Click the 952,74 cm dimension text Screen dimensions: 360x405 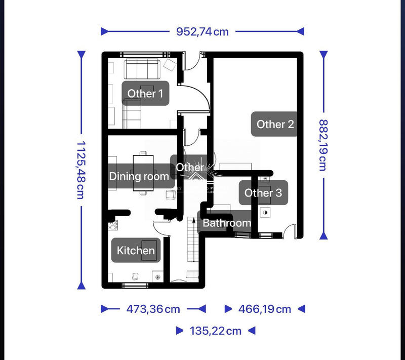pos(202,32)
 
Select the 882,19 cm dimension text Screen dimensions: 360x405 pos(322,145)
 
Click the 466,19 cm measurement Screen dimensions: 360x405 pos(265,309)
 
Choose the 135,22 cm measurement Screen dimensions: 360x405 pos(215,331)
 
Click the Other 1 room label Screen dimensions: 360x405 pos(145,93)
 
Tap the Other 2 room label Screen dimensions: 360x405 pos(275,124)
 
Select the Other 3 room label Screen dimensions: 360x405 pos(263,192)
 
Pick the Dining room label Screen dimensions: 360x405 pos(139,176)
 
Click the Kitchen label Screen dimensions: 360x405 pos(136,250)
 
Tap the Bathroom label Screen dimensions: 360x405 pos(226,223)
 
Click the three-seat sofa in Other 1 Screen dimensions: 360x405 pos(142,66)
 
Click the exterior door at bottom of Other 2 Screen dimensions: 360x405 pos(290,231)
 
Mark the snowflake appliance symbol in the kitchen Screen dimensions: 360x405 pos(157,277)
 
